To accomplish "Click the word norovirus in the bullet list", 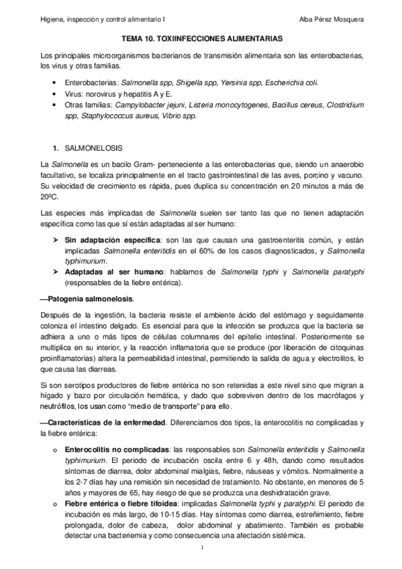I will (99, 94).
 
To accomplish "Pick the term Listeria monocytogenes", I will (229, 105).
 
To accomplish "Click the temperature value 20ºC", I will (49, 198).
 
